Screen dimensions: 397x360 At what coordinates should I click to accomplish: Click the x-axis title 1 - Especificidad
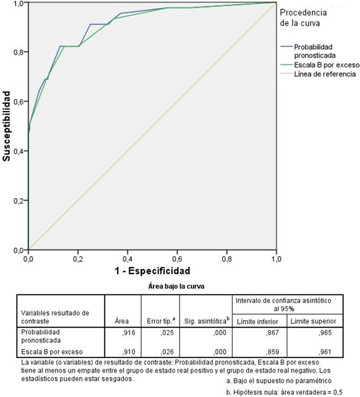pyautogui.click(x=152, y=271)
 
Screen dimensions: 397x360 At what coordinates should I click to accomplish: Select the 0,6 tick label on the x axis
pyautogui.click(x=177, y=259)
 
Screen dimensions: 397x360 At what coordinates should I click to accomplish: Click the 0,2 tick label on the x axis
pyautogui.click(x=77, y=259)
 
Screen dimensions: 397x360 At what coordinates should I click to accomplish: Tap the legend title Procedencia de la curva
pyautogui.click(x=303, y=17)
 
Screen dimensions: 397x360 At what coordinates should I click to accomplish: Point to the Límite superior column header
pyautogui.click(x=313, y=320)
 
